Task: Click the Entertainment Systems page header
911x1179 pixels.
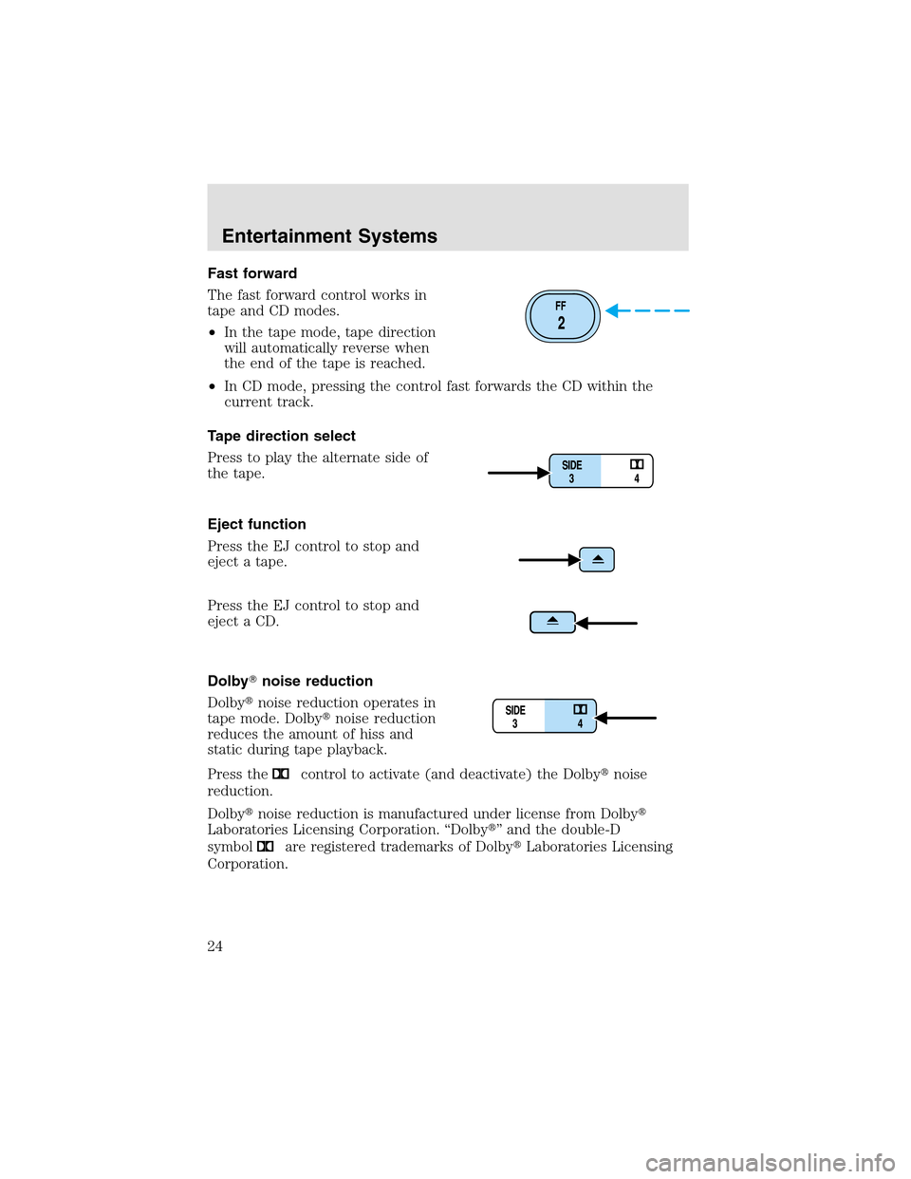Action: tap(329, 236)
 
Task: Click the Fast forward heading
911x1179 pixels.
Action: tap(252, 273)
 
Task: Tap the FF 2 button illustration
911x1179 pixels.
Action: tap(562, 316)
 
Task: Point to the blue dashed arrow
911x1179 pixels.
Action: tap(647, 310)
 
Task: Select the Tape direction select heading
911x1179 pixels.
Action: tap(282, 436)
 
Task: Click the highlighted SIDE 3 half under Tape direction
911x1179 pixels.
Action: tap(574, 471)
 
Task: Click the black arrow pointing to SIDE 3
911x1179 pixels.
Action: tap(518, 472)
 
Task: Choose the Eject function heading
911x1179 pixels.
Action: tap(257, 524)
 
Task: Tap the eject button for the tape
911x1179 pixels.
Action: tap(598, 560)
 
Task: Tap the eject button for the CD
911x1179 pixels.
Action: tap(552, 622)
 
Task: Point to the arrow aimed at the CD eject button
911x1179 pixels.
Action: tap(606, 624)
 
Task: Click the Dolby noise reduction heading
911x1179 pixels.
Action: tap(290, 681)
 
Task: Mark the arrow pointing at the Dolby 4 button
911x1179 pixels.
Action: tap(626, 719)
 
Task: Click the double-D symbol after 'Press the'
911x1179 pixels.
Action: tap(281, 774)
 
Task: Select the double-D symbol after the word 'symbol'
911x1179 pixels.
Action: tap(266, 846)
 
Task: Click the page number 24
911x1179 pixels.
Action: tap(215, 945)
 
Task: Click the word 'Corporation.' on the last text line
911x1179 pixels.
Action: tap(248, 864)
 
